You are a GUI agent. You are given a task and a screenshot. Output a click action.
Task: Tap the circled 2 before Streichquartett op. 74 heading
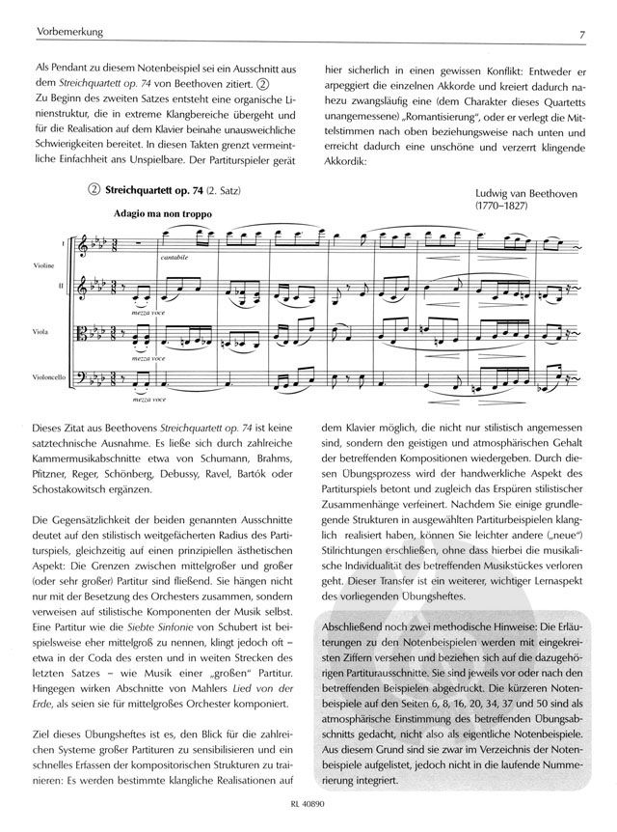pos(94,192)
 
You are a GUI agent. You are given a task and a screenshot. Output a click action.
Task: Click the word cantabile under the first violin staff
pos(176,258)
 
